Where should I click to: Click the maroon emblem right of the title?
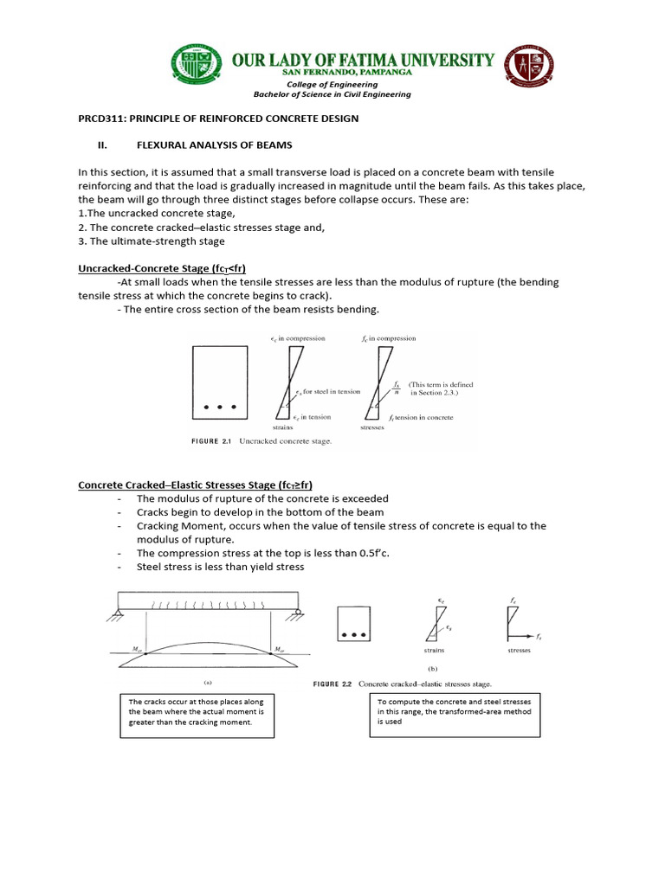[x=531, y=69]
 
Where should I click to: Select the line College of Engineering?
[x=332, y=85]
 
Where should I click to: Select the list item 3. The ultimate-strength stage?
[x=152, y=241]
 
